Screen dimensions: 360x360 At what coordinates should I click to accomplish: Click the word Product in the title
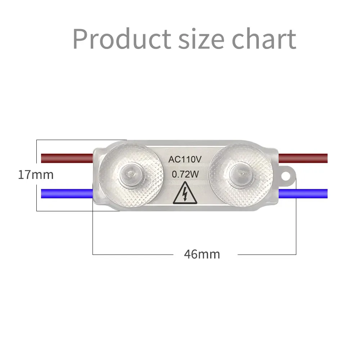coord(122,39)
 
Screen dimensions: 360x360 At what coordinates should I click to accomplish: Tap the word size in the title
coord(201,39)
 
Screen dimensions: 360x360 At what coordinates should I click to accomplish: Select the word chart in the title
coord(264,39)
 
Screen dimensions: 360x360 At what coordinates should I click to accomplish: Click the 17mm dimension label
coord(36,175)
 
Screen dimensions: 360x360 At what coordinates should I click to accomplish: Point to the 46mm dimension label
coord(202,254)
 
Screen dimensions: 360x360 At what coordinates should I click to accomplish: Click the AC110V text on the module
coord(185,159)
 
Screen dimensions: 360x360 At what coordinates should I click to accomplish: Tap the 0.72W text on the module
coord(185,175)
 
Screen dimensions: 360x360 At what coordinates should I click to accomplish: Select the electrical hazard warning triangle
coord(185,193)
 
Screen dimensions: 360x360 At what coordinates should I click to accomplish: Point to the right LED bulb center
coord(240,174)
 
